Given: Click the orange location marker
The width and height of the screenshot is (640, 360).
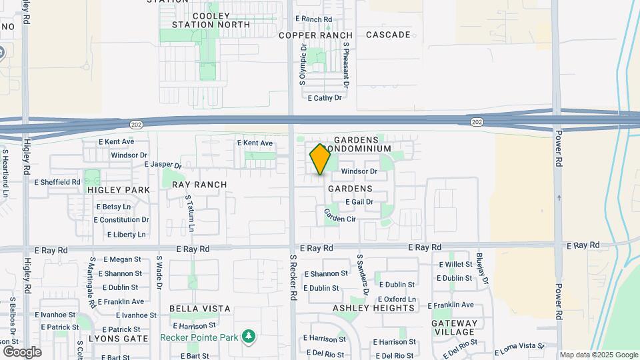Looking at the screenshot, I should [320, 159].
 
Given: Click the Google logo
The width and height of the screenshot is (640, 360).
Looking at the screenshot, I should [22, 351].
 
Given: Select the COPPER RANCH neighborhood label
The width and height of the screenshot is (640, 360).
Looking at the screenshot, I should [315, 35].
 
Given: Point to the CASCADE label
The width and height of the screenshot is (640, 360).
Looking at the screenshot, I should [388, 35].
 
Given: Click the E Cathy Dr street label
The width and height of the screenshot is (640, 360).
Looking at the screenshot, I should [325, 97].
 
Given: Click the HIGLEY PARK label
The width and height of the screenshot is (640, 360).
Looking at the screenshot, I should [119, 189].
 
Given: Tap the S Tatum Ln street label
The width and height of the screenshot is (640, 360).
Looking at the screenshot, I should [191, 213].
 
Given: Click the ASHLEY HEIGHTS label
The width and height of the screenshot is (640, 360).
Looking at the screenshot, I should [374, 308].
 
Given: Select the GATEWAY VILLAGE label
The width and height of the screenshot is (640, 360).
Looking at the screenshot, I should [455, 328].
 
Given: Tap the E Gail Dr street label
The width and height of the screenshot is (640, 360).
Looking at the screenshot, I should [359, 202].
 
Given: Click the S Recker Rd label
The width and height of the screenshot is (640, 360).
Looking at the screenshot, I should [293, 280].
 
